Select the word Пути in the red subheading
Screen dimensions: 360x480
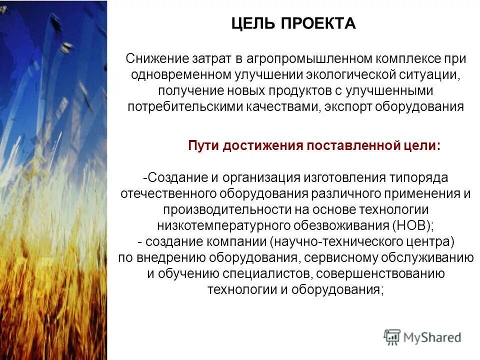(x=203, y=145)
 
